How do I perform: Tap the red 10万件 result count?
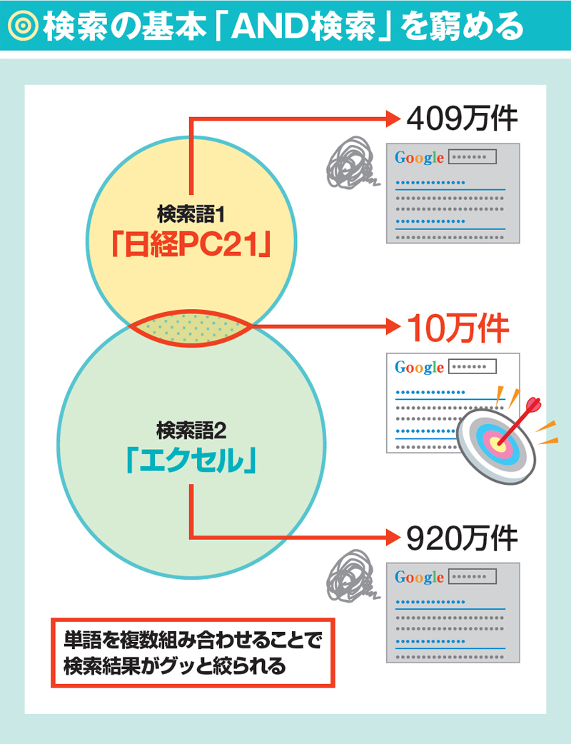point(458,328)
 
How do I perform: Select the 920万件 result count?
point(460,538)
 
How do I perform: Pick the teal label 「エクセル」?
point(190,461)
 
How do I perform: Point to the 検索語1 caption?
point(191,212)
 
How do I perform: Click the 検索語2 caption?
point(191,430)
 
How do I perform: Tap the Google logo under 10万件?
point(419,368)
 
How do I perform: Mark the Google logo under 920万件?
point(419,577)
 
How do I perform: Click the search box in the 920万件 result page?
point(471,576)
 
